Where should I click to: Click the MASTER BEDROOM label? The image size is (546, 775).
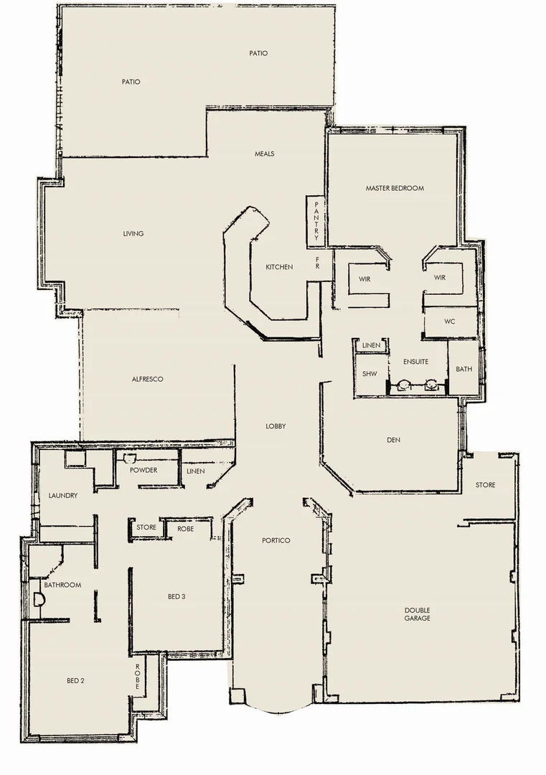pos(395,189)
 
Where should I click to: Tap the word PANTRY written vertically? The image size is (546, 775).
pos(316,222)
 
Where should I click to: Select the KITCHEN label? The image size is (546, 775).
pos(279,267)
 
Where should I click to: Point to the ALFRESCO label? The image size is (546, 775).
pos(148,379)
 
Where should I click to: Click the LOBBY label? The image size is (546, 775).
pos(276,426)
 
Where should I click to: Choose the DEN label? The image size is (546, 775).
pos(393,440)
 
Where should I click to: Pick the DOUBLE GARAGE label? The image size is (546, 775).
pos(417,614)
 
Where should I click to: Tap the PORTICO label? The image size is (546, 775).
pos(276,540)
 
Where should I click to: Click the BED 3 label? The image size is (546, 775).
pos(178,596)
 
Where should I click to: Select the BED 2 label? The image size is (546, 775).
pos(76,680)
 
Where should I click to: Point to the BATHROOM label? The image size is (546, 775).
pos(62,585)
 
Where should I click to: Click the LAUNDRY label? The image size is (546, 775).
pos(63,496)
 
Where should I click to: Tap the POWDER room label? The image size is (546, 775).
pos(143,470)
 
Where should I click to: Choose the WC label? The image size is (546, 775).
pos(451,321)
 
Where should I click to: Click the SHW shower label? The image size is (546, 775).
pos(370,374)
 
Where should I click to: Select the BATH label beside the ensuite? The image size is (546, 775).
pos(464,370)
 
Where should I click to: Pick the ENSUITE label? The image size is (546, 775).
pos(416,362)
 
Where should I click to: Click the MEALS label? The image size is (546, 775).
pos(265,154)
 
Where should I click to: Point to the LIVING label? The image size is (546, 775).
pos(133,233)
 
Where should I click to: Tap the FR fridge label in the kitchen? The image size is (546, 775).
pos(317,265)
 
